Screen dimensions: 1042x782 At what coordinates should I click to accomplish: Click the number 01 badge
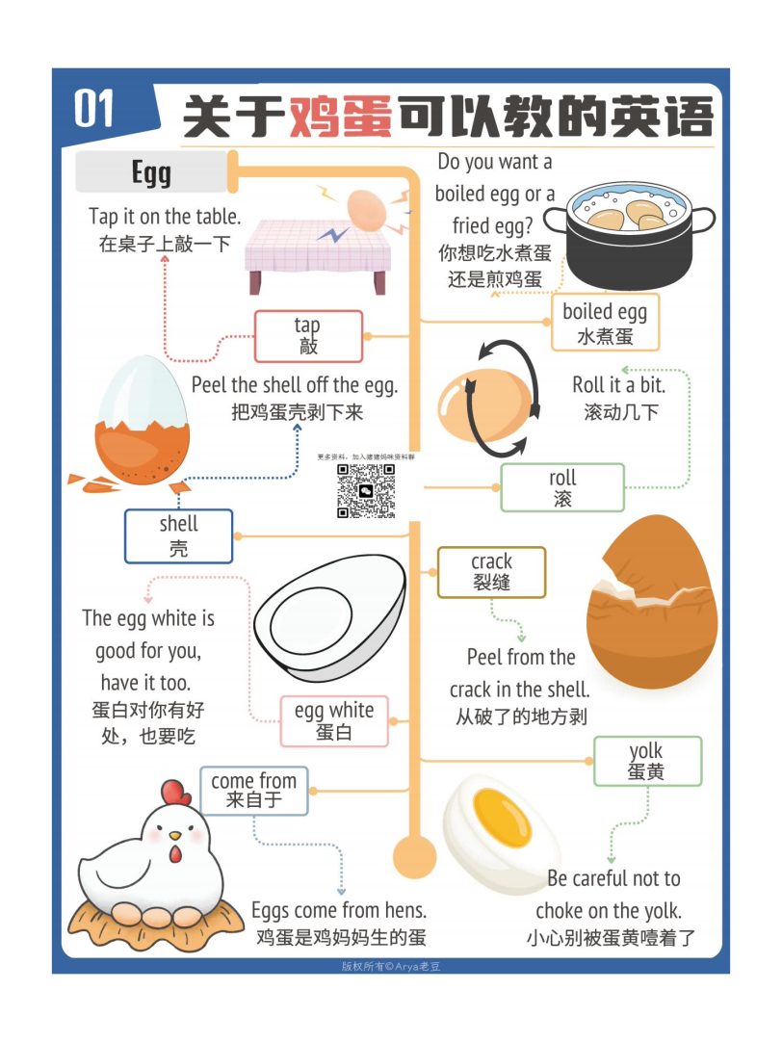pos(94,108)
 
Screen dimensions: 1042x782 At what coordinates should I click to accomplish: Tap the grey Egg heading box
pos(151,172)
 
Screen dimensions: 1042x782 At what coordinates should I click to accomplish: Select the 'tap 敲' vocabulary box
pos(308,336)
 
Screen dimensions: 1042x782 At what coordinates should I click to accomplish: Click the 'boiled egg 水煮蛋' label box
pos(605,324)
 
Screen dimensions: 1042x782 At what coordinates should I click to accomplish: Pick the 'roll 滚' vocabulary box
pos(562,487)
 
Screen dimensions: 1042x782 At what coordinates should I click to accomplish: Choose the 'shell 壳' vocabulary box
pos(178,535)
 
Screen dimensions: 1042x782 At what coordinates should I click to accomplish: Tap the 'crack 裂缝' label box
pos(491,572)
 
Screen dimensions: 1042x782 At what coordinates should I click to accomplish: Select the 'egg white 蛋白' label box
pos(333,720)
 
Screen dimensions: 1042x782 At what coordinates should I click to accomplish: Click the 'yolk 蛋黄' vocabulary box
pos(646,761)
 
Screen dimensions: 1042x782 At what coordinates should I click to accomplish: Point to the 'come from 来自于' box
pos(253,790)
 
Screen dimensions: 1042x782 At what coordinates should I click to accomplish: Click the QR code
pos(366,491)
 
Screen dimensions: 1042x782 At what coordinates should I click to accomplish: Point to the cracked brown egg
pos(652,602)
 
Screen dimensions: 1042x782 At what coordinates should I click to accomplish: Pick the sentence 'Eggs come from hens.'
pos(339,910)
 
